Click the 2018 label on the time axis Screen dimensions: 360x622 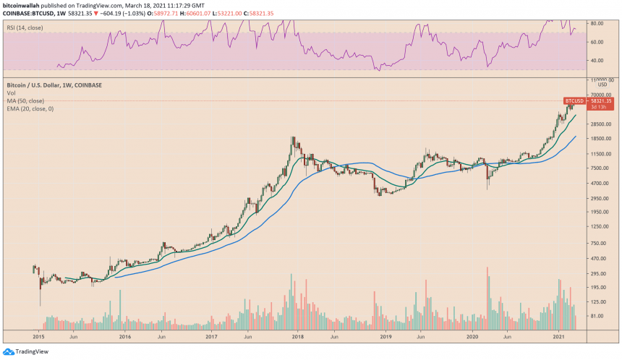click(298, 336)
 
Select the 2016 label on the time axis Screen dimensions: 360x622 click(124, 336)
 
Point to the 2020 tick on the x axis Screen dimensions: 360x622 click(472, 336)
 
